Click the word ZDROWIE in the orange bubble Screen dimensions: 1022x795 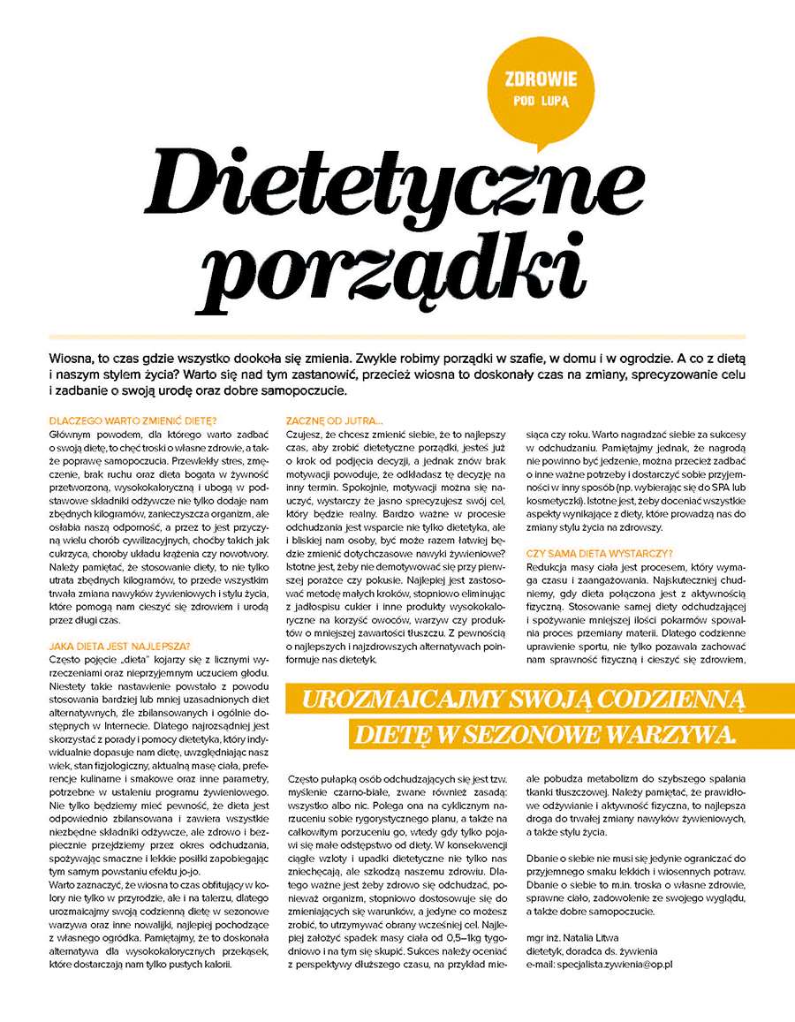pyautogui.click(x=541, y=79)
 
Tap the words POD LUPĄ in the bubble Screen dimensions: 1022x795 pyautogui.click(x=541, y=100)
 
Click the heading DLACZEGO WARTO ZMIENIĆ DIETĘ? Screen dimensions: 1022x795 pyautogui.click(x=133, y=421)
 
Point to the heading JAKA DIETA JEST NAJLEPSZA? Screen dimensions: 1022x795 pyautogui.click(x=119, y=646)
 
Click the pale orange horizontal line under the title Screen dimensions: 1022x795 pyautogui.click(x=397, y=337)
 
